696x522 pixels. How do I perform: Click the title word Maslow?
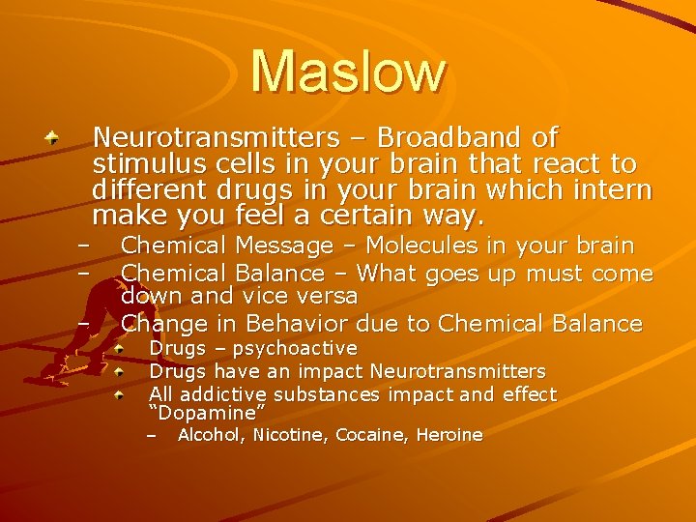348,72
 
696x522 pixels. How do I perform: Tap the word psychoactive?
294,348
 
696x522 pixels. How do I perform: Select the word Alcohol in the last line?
211,435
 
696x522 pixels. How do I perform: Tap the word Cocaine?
372,435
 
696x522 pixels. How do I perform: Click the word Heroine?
449,435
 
